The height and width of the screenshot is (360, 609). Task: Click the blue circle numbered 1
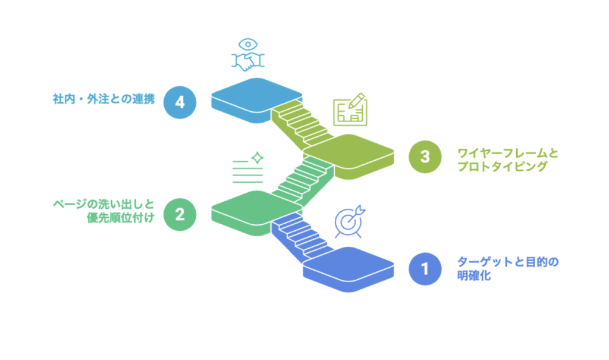[425, 268]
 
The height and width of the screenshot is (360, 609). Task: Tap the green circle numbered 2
[180, 215]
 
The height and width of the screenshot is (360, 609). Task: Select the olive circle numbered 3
[425, 156]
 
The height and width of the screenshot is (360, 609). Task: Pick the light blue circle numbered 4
[180, 102]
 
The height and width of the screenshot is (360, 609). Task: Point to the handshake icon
[248, 61]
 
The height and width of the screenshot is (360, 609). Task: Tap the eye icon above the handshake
[248, 44]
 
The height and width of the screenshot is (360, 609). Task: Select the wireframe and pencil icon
[350, 109]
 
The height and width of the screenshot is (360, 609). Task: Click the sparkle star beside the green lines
[257, 158]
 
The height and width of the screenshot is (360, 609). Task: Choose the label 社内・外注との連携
[103, 99]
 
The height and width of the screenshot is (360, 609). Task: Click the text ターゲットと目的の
[508, 262]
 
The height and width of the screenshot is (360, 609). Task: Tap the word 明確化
[474, 276]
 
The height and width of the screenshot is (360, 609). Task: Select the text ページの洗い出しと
[103, 204]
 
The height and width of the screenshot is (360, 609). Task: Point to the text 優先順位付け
[121, 218]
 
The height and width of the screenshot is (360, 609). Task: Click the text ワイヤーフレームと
[508, 153]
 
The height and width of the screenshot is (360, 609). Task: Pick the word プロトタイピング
[503, 167]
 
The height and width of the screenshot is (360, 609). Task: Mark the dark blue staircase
[301, 237]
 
